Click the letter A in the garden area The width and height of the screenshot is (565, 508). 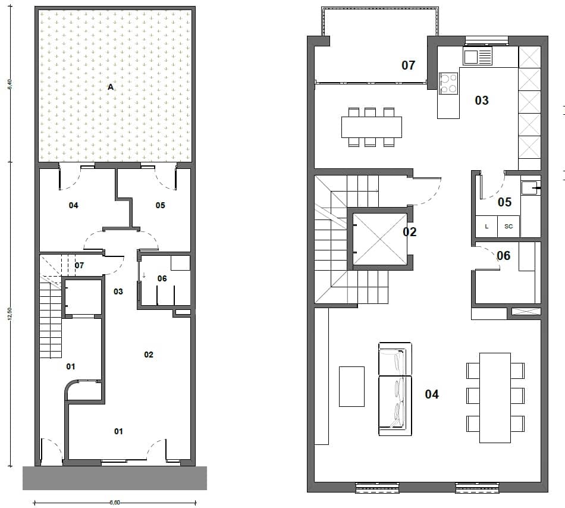pos(111,87)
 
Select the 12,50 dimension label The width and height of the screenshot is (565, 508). pos(10,314)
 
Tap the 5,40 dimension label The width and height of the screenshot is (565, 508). pos(10,85)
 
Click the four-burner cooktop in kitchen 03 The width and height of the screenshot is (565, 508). pos(448,83)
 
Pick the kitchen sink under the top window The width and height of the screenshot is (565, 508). pos(478,57)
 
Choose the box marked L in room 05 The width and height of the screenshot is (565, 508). pos(486,227)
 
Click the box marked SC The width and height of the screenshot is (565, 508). pos(508,227)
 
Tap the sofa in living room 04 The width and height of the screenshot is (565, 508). pos(395,389)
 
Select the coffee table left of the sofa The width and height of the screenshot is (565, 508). pos(351,387)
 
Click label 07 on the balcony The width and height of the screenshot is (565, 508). pos(408,65)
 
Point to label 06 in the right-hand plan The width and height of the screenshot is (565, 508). pos(503,256)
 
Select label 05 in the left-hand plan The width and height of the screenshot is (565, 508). pos(160,206)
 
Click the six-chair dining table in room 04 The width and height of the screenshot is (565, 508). pos(495,397)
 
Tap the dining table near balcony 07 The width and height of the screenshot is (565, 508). pos(372,127)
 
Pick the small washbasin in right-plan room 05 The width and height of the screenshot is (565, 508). pos(530,189)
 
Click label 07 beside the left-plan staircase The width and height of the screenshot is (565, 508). pos(80,265)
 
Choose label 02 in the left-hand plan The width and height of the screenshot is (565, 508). pos(149,355)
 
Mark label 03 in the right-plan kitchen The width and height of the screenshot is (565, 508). pos(482,101)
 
